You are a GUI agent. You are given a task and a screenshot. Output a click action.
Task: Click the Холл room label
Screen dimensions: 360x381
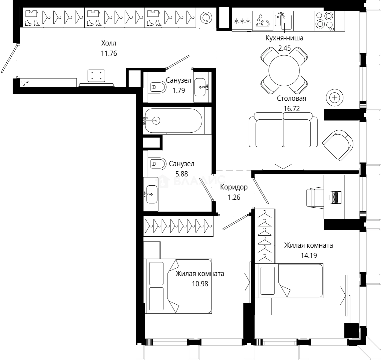pos(110,43)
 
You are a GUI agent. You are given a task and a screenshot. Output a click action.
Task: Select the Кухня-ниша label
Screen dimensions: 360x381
pos(284,38)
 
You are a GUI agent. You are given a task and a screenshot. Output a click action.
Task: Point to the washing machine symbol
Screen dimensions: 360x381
pos(205,18)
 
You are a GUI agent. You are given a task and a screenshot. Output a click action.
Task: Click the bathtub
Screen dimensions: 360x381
pos(173,120)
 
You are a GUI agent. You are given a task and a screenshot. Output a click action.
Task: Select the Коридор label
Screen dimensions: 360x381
pos(233,187)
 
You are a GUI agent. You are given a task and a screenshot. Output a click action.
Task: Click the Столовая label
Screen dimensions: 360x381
pos(291,98)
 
